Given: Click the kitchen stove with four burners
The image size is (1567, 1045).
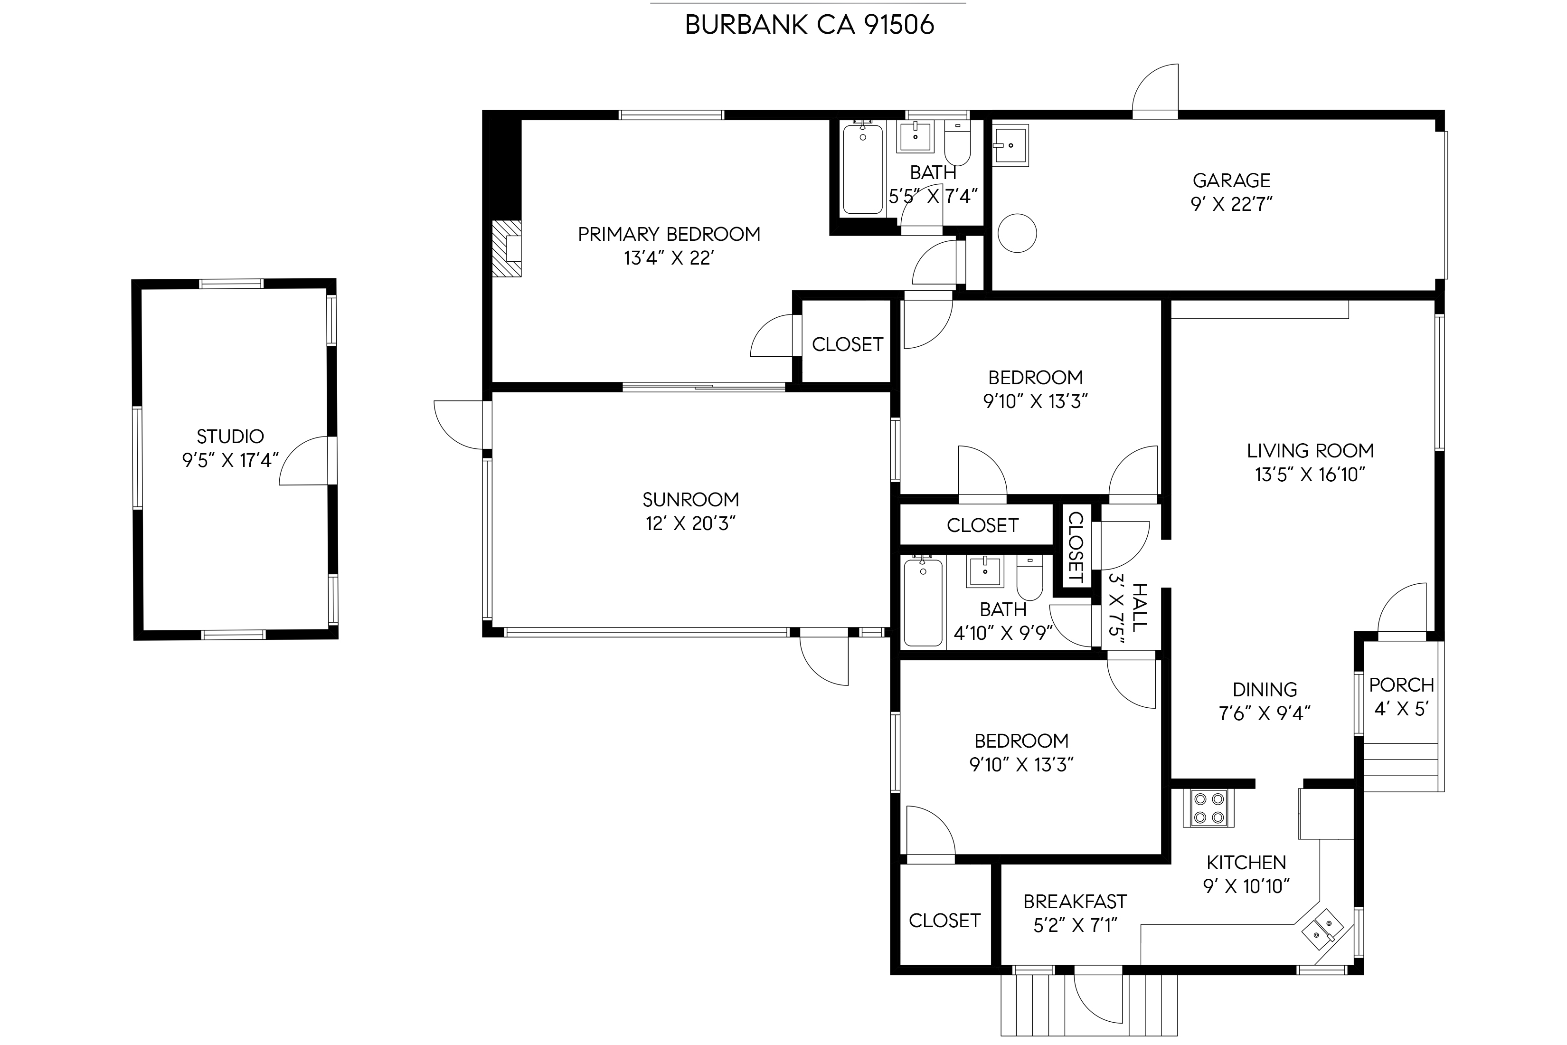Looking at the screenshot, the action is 1208,808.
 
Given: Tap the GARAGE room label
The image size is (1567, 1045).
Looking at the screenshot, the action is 1231,180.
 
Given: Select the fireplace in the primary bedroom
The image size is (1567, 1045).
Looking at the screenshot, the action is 506,248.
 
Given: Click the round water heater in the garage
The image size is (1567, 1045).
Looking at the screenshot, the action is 1017,233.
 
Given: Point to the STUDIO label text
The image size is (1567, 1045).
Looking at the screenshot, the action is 230,437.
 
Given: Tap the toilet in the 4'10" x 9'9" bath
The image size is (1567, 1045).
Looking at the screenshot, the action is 1030,578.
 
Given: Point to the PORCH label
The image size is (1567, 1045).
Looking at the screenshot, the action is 1402,684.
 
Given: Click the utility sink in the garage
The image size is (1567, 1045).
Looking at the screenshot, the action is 1010,146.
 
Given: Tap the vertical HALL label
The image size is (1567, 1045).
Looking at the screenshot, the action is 1140,607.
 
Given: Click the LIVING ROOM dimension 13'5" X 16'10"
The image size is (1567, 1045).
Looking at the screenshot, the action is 1311,475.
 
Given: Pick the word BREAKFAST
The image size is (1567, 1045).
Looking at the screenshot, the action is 1075,902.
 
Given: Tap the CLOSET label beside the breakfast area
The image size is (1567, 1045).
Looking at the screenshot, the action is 945,921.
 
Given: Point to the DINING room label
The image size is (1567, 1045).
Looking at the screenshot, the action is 1265,689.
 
